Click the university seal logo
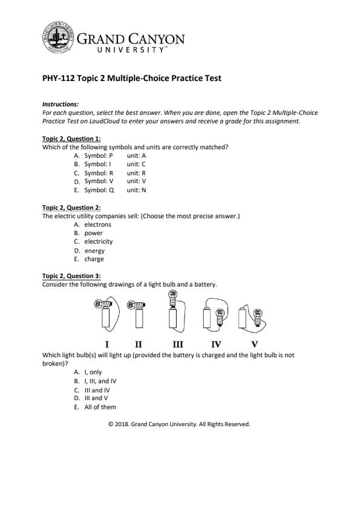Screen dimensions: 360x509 click(x=58, y=37)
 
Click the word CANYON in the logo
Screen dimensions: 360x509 click(x=156, y=39)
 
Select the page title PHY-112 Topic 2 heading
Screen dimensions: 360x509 click(x=131, y=78)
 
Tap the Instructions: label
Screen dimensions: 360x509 click(x=61, y=104)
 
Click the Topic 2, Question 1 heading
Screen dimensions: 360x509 click(x=71, y=138)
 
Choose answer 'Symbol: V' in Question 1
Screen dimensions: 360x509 click(x=99, y=181)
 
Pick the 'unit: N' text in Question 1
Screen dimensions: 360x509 click(x=136, y=190)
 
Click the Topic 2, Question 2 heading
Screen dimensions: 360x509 click(x=71, y=207)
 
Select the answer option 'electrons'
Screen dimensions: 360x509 click(x=97, y=224)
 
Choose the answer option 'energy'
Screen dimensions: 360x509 click(x=94, y=251)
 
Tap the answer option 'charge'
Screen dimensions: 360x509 click(x=94, y=259)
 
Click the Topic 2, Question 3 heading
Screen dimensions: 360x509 click(x=71, y=276)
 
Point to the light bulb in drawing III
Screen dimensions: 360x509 click(x=173, y=298)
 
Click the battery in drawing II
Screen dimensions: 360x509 click(x=139, y=318)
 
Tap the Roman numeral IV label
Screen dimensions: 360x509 click(x=216, y=345)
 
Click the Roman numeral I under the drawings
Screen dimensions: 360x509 click(x=107, y=345)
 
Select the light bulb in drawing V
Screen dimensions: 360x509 click(x=258, y=317)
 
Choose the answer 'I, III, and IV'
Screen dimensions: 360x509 click(x=100, y=381)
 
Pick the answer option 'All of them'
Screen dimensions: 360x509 click(x=100, y=407)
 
